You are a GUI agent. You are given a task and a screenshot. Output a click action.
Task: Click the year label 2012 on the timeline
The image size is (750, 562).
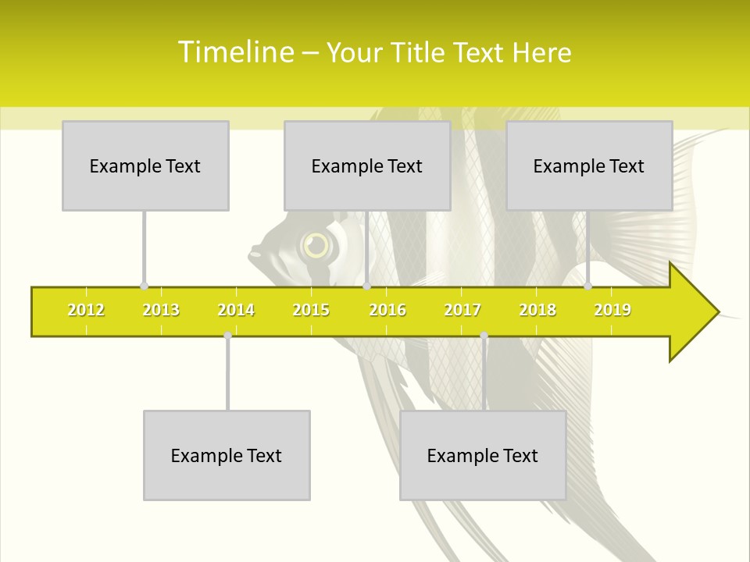pos(86,310)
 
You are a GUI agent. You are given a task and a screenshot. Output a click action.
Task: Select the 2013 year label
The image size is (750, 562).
pos(161,310)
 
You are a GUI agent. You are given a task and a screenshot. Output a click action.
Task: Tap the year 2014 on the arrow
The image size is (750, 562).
pos(236,310)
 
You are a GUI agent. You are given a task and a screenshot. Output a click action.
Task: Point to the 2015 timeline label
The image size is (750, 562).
pos(311,310)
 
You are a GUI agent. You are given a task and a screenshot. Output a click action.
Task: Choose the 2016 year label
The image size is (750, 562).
pos(387,310)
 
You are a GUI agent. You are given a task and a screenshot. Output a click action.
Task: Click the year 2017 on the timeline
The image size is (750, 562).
pos(462,310)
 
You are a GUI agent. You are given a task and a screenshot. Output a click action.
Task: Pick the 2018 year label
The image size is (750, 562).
pos(537,310)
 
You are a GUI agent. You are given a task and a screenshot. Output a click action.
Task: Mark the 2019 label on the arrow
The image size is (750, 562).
pos(612,310)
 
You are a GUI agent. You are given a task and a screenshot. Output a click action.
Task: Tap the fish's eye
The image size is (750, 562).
pos(316,246)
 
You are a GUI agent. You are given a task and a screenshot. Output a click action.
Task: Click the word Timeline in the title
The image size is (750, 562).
pos(234,52)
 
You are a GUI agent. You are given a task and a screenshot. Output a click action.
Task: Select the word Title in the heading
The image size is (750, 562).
pos(419,52)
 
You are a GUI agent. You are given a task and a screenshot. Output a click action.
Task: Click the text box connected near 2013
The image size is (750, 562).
pos(145,165)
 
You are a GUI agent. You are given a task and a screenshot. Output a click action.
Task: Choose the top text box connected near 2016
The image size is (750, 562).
pos(367,165)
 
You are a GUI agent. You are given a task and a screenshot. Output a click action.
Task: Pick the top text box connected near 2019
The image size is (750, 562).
pos(589,165)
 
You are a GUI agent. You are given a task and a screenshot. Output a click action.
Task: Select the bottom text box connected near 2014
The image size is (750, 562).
pos(227,455)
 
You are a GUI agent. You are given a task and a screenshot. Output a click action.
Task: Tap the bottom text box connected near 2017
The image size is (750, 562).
pos(483,455)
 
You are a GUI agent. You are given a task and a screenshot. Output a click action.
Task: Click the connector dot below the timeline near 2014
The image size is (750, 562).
pos(227,336)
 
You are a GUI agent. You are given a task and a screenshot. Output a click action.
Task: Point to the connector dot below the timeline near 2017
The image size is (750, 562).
pos(484,336)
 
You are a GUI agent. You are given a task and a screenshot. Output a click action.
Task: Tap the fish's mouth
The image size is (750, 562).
pos(252,254)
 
